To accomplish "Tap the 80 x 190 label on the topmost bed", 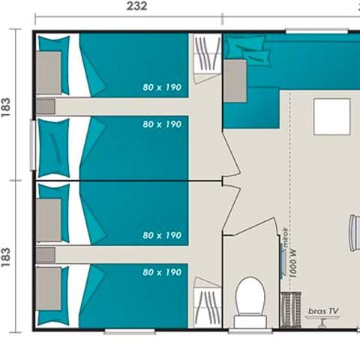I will click(x=162, y=87).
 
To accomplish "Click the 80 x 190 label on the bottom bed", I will click(x=162, y=272).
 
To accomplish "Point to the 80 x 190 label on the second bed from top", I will click(x=162, y=124).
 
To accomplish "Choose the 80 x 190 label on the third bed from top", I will click(x=162, y=235).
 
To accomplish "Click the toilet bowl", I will click(x=250, y=297).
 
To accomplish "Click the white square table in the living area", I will click(x=330, y=117).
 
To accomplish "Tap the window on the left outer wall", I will click(x=32, y=146).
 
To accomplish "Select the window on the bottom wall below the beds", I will click(x=129, y=331).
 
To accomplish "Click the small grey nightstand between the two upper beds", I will click(x=46, y=106).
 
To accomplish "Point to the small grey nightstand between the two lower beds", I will click(x=46, y=255).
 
